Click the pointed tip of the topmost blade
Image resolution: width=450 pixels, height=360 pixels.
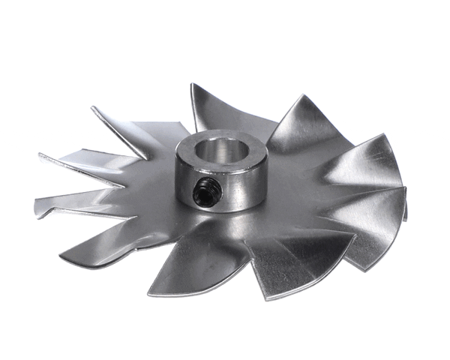pos(192,84)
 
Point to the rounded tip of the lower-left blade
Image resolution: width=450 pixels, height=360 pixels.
pos(61,259)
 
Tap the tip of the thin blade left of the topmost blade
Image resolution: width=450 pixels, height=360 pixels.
pos(93,107)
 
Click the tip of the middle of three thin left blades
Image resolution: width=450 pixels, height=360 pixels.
pos(39,155)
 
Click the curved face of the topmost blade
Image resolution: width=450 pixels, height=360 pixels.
pos(214,112)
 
